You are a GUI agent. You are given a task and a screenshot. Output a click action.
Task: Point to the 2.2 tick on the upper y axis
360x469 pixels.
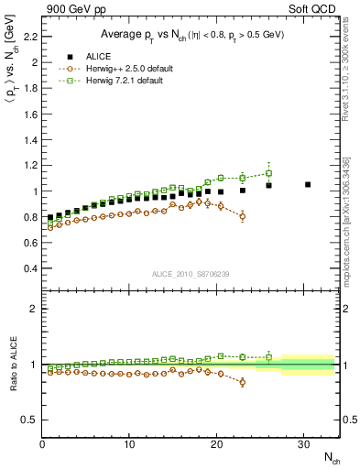click(28, 37)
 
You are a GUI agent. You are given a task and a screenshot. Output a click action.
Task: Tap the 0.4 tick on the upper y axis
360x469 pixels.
click(28, 268)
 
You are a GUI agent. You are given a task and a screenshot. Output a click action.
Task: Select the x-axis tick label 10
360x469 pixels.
click(130, 445)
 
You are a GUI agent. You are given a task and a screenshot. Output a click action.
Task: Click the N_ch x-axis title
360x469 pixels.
click(331, 458)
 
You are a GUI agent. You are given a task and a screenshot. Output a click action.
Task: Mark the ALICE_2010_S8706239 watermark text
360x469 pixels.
click(191, 273)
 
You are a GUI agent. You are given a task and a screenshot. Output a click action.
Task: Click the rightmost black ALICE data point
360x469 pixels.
click(308, 184)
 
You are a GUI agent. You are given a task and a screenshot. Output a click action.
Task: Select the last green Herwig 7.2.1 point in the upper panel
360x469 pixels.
click(268, 173)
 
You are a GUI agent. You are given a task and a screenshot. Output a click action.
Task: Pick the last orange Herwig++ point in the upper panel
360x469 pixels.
click(242, 216)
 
